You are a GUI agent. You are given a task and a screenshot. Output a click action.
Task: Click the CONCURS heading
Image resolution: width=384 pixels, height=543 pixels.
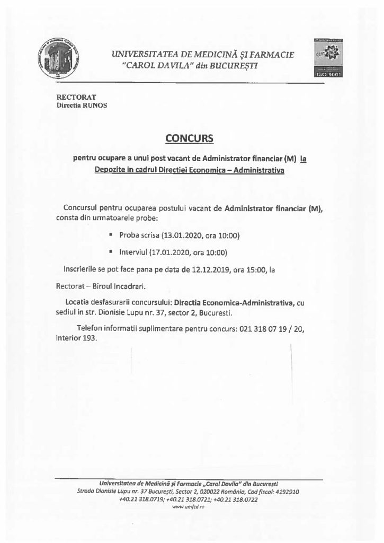pyautogui.click(x=189, y=138)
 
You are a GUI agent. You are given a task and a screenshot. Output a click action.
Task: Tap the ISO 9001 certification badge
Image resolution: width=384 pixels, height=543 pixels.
pyautogui.click(x=330, y=58)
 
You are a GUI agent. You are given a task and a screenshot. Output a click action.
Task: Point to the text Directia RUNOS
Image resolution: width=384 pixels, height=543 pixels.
pyautogui.click(x=82, y=105)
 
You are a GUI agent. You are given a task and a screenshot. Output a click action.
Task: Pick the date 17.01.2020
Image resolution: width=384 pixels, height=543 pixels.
pyautogui.click(x=179, y=252)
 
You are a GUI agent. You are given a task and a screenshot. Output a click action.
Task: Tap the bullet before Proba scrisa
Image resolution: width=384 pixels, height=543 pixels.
pyautogui.click(x=111, y=234)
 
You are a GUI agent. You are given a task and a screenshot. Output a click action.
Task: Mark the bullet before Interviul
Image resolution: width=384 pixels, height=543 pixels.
pyautogui.click(x=111, y=252)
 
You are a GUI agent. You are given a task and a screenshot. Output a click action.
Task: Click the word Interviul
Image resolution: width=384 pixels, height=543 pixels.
pyautogui.click(x=134, y=252)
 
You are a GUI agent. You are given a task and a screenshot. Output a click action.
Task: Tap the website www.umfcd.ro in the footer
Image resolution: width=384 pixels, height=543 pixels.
pyautogui.click(x=188, y=506)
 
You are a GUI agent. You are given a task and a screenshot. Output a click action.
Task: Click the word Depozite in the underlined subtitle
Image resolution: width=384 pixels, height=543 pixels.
pyautogui.click(x=112, y=171)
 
